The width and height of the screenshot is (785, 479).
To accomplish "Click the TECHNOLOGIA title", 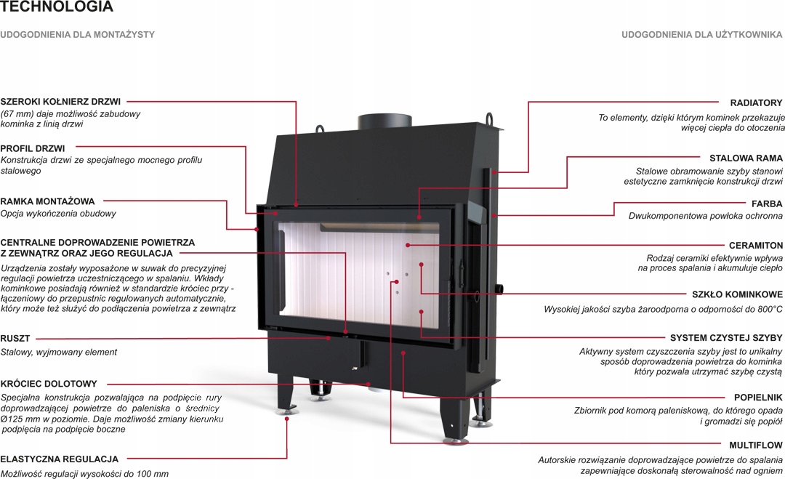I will coord(57,8).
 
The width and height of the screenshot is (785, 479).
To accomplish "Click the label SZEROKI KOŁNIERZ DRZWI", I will coord(60,102).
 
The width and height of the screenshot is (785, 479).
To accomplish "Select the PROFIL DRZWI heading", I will coord(33,148).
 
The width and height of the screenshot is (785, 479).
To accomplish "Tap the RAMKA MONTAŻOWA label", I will coord(47,201).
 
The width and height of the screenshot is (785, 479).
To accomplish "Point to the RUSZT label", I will coord(15,338).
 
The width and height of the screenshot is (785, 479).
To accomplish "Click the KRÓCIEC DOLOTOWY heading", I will coord(49,384).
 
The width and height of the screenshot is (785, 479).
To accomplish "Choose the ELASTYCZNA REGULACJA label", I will coord(60,459).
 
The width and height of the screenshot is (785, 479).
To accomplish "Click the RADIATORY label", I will coord(756,103).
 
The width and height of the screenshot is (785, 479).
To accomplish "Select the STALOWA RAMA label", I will coord(746,158).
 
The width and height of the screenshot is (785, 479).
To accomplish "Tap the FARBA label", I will coord(767,204).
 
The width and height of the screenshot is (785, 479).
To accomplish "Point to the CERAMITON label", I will coord(756,246).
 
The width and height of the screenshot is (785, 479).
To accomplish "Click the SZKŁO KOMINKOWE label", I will coord(737,295).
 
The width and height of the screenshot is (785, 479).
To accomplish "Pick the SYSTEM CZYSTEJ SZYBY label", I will coord(726,338).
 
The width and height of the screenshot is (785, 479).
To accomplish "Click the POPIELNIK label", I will coord(758,398).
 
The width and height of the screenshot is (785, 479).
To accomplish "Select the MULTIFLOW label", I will coord(755,445).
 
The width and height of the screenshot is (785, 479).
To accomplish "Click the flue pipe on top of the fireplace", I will coord(384,120).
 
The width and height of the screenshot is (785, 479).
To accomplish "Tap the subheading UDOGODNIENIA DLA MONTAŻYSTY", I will coord(77,34).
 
